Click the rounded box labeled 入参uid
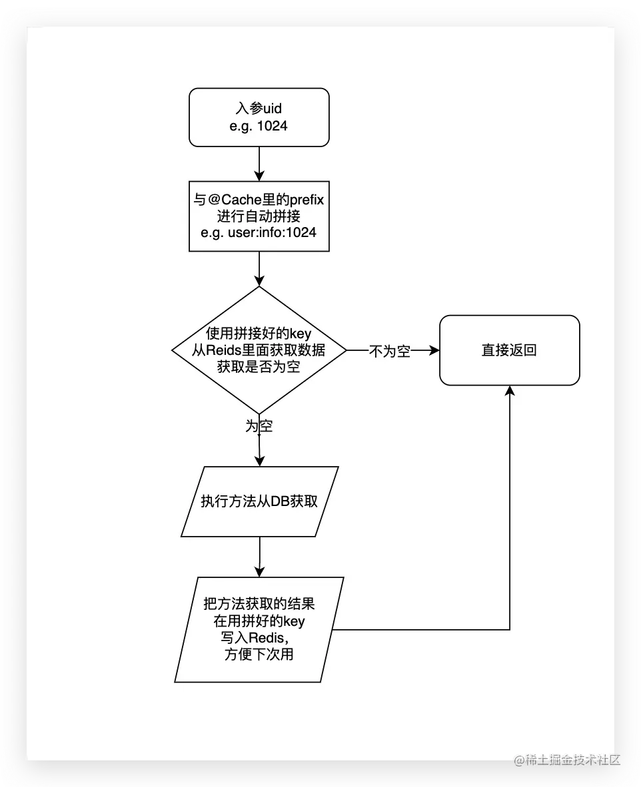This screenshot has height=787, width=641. coord(259,117)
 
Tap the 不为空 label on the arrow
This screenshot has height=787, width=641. coord(390,352)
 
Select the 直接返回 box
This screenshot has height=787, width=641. coord(509,350)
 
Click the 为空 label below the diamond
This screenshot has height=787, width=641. coord(259,427)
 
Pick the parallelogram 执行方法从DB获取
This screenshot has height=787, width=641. coord(260,501)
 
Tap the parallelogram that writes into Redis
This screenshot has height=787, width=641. coord(260,629)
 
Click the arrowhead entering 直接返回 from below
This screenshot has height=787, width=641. coord(510,391)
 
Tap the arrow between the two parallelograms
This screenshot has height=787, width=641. coord(260,556)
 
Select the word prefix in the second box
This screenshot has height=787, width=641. coord(301,200)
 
